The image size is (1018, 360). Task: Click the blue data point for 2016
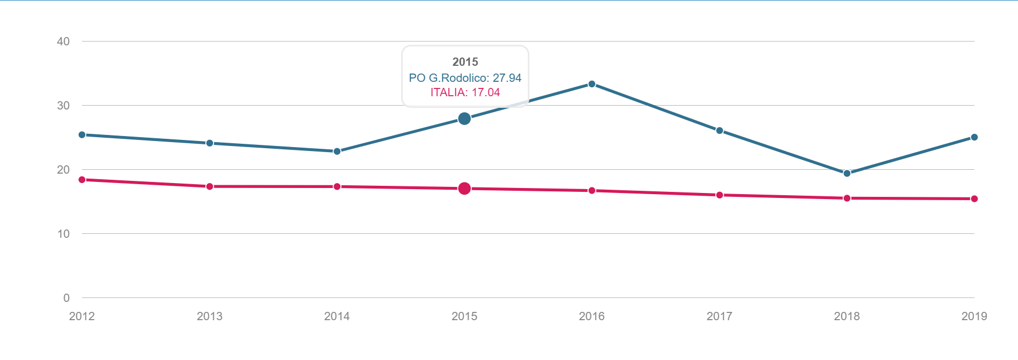pos(592,84)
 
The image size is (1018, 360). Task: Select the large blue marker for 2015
pos(465,119)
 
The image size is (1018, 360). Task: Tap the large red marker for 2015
pos(465,189)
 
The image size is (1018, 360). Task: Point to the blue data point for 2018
pos(847,174)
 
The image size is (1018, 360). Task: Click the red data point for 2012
pos(82,180)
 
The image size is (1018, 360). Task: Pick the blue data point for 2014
pos(337,152)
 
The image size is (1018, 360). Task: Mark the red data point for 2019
pos(974,199)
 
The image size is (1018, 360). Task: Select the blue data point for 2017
pos(720,131)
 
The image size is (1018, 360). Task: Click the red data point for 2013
pos(210,186)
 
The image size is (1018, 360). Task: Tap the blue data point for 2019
pos(974,137)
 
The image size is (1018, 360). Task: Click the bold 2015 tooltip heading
pos(465,62)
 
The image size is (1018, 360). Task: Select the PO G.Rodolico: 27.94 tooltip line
pos(465,78)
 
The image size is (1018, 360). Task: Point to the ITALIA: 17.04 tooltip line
pos(465,92)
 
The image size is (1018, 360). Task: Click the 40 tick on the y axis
pos(63,41)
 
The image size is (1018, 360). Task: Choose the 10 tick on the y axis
pos(63,234)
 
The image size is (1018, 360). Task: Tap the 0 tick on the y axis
pos(66,298)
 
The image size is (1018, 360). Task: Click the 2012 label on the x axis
pos(82,316)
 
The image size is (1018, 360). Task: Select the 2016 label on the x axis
pos(592,316)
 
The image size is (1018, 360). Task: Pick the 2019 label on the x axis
pos(974,316)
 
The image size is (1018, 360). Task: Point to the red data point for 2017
pos(720,195)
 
